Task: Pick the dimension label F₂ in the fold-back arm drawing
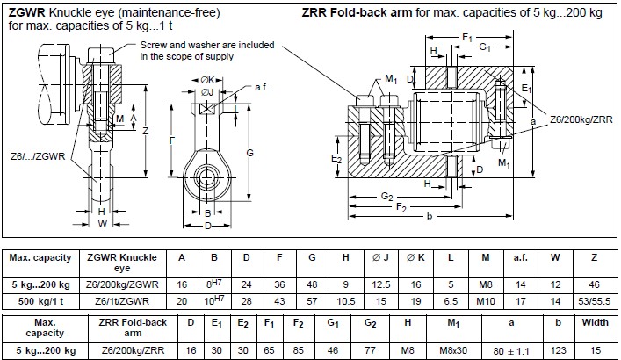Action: pos(401,207)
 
